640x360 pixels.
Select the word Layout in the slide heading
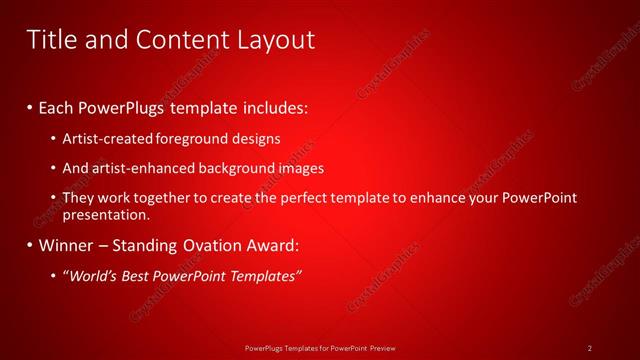[x=272, y=39]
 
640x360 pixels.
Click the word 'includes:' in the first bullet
[x=271, y=106]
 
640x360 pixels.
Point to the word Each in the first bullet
[x=58, y=106]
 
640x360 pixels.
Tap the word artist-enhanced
[x=139, y=168]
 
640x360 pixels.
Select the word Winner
[x=67, y=245]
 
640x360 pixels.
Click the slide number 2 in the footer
[x=590, y=347]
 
